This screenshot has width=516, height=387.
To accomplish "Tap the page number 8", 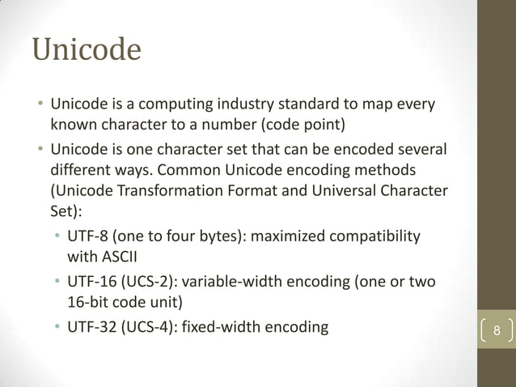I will [x=497, y=332].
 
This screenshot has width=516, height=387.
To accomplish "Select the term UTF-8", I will [x=88, y=236].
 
